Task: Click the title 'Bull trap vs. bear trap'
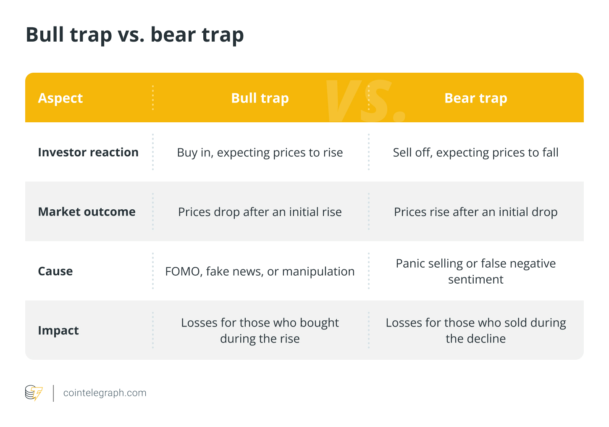(x=134, y=35)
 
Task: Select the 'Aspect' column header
(x=60, y=98)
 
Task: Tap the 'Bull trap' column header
(x=260, y=98)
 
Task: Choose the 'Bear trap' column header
(x=475, y=98)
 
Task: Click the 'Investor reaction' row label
(x=88, y=152)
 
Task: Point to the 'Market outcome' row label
(x=87, y=212)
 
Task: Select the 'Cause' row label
(x=55, y=271)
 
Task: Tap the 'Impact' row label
(x=58, y=330)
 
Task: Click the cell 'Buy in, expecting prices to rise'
(x=260, y=153)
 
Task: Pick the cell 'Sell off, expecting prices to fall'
(x=475, y=153)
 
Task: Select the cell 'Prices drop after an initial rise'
(x=260, y=212)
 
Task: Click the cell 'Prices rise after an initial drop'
(x=475, y=212)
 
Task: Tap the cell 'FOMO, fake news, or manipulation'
(x=260, y=271)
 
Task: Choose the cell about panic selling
(x=475, y=271)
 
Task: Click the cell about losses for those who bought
(x=260, y=330)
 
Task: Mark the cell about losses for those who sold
(x=475, y=330)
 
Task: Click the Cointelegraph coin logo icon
(x=34, y=393)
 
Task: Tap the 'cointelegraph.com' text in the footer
(x=105, y=393)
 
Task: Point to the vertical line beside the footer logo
(x=53, y=393)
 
